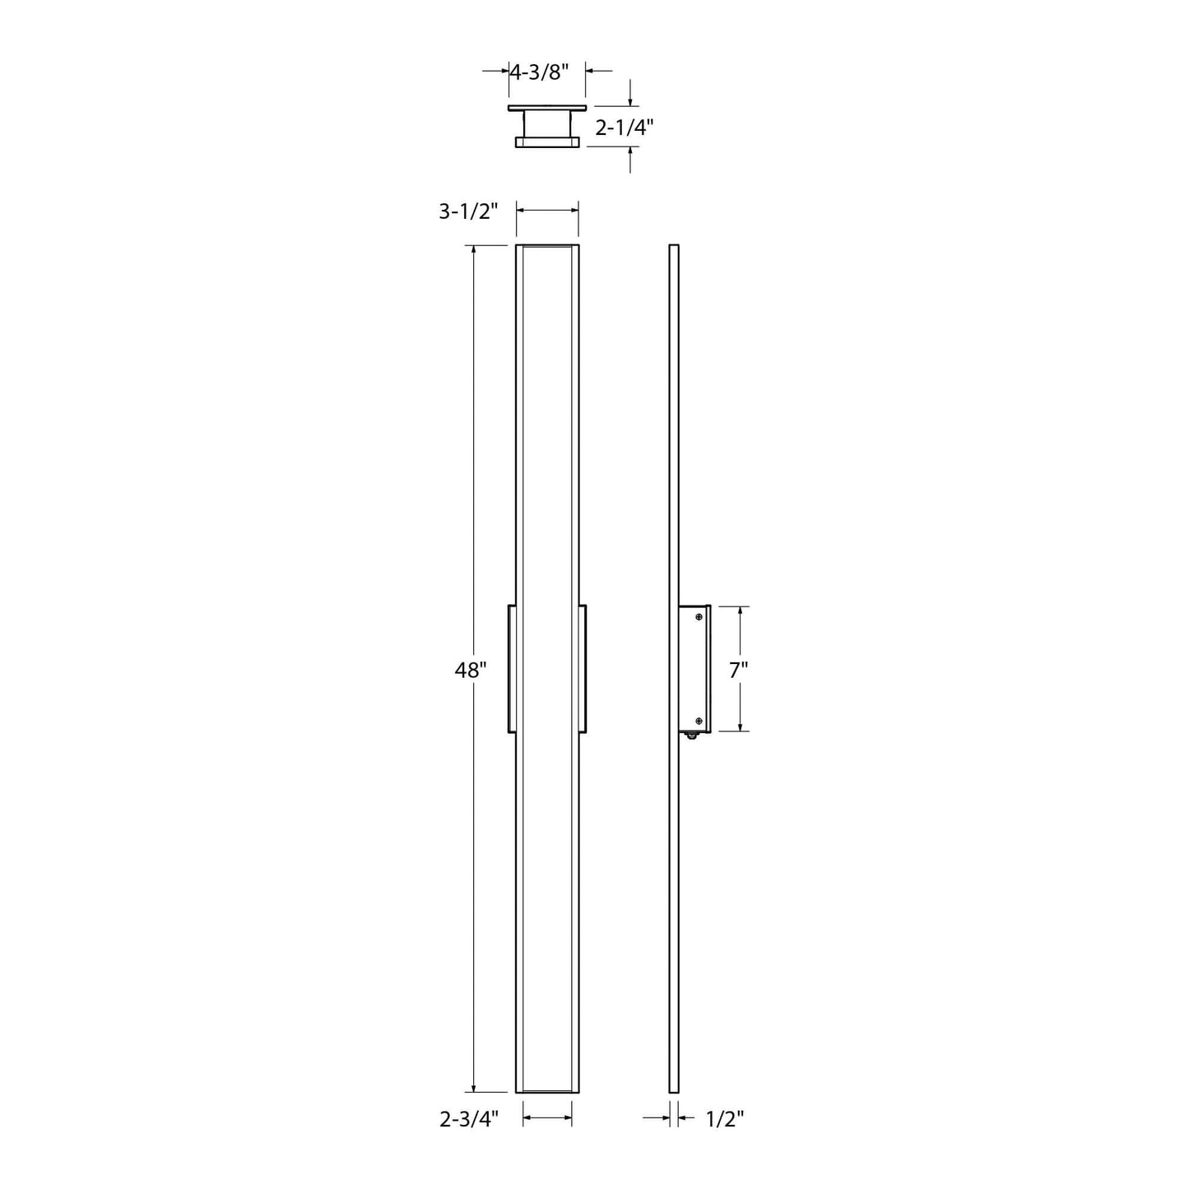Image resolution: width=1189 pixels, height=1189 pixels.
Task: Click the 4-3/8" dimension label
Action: tap(539, 72)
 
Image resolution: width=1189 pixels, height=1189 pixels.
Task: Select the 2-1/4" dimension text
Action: tap(624, 128)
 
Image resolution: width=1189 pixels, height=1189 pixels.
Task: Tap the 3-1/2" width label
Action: tap(468, 211)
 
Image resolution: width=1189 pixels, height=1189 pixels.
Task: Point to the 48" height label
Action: tap(471, 671)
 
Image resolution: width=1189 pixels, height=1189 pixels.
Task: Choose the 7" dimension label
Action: tap(738, 671)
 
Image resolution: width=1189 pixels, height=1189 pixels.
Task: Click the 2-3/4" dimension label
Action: tap(469, 1119)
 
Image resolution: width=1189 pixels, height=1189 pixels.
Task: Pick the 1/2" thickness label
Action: tap(725, 1119)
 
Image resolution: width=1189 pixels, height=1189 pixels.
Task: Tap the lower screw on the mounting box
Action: tap(699, 722)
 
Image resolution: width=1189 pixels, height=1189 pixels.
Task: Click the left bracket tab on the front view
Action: tap(512, 669)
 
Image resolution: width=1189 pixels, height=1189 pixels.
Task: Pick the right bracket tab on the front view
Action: tap(583, 669)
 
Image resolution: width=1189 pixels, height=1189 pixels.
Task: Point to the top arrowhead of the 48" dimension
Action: tap(474, 252)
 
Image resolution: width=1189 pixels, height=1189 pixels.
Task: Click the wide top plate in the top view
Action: tap(547, 109)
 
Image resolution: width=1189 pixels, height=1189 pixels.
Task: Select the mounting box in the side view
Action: tap(694, 669)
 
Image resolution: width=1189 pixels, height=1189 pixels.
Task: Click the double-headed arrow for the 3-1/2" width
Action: tap(547, 211)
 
